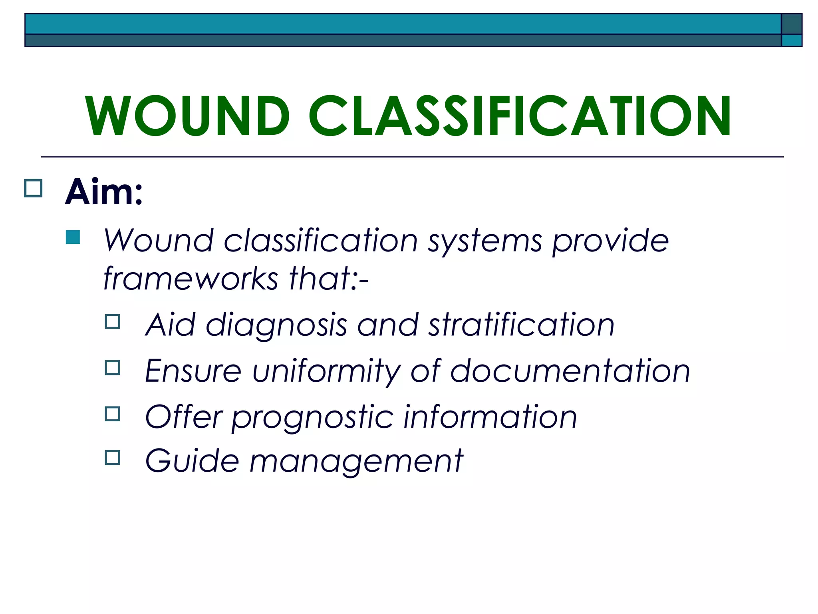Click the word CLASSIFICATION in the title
tap(520, 116)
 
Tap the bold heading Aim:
tap(104, 192)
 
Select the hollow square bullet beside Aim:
tap(33, 188)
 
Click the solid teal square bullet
tap(73, 237)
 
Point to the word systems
tap(485, 241)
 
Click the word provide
tap(610, 241)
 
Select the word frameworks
tap(191, 278)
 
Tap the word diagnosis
tap(276, 325)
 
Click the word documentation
tap(570, 371)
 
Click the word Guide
tap(192, 460)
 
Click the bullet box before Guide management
tap(113, 457)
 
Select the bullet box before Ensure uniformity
tap(113, 367)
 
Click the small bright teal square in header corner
tap(791, 40)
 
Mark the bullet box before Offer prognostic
tap(113, 414)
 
